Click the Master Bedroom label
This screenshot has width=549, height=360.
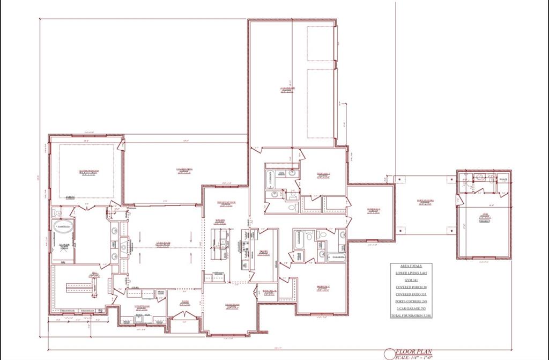pyautogui.click(x=89, y=172)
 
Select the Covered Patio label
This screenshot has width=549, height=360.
pyautogui.click(x=184, y=171)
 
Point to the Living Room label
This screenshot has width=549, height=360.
pyautogui.click(x=163, y=245)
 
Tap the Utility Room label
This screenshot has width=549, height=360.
pyautogui.click(x=142, y=306)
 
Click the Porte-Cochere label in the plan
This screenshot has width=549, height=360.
pyautogui.click(x=425, y=202)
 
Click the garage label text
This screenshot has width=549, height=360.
pyautogui.click(x=287, y=89)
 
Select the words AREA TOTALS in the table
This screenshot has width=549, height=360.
pyautogui.click(x=411, y=266)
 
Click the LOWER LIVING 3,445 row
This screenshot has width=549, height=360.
pyautogui.click(x=411, y=273)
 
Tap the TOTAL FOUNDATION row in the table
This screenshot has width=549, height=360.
pyautogui.click(x=411, y=316)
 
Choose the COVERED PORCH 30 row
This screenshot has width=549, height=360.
pyautogui.click(x=411, y=288)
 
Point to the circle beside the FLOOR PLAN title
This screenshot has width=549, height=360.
pyautogui.click(x=389, y=354)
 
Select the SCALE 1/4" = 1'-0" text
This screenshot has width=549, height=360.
pyautogui.click(x=416, y=357)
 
